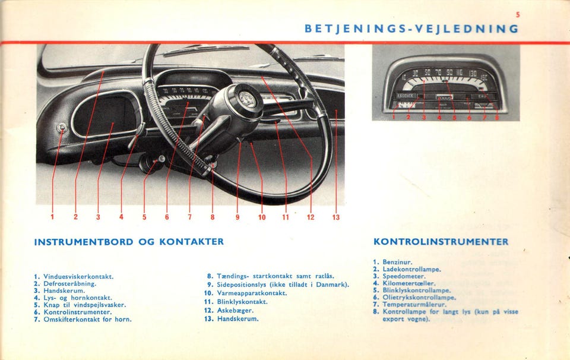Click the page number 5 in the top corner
tap(518, 14)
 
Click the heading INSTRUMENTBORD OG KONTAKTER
tap(129, 242)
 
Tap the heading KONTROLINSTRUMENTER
tap(441, 242)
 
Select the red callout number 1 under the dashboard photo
tap(52, 217)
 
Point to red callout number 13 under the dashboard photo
tap(335, 217)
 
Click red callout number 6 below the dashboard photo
tap(167, 217)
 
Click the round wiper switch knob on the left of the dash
tap(61, 128)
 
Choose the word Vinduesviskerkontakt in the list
tap(78, 276)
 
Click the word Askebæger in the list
tap(235, 310)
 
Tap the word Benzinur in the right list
tap(397, 262)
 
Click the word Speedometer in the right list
tap(404, 276)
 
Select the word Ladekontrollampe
tap(411, 269)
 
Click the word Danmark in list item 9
tap(332, 285)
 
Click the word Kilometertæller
tap(410, 283)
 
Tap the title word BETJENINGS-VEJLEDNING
tap(411, 29)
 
